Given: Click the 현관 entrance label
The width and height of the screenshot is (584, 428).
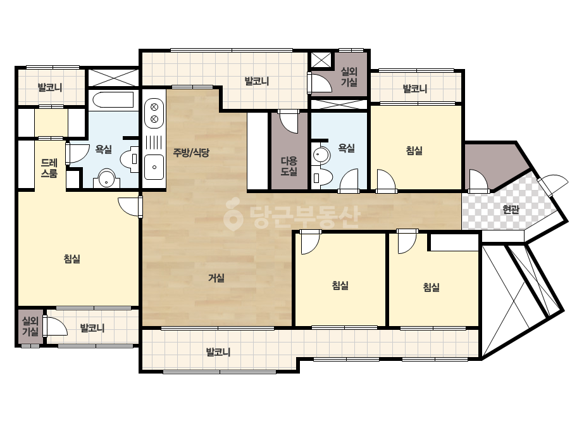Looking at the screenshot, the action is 511,210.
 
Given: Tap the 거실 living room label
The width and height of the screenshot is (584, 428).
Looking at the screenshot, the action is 216,278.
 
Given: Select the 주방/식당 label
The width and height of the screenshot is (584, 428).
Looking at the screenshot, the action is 191,152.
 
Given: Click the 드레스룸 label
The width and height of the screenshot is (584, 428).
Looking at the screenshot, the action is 49,168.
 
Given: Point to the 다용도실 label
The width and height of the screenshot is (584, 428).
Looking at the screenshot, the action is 289,167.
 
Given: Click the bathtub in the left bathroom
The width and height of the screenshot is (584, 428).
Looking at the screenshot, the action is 113,100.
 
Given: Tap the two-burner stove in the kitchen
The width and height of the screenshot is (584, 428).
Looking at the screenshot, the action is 154,113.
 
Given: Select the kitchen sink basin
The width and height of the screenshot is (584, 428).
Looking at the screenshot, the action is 154,167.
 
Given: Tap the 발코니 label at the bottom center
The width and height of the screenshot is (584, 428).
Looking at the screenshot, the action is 218,352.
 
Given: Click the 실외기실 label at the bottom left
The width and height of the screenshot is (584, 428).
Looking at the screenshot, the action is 30,326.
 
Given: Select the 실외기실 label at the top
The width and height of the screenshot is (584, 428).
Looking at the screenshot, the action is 349,77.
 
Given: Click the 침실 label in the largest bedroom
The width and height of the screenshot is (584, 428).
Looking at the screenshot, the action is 72,259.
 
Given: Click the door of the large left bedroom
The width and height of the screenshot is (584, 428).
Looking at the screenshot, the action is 130,206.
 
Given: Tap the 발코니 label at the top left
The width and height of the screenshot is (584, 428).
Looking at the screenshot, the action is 50,87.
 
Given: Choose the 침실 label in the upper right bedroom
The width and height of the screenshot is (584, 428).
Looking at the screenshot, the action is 414,151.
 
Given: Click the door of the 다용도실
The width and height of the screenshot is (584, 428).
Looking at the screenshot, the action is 289,122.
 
